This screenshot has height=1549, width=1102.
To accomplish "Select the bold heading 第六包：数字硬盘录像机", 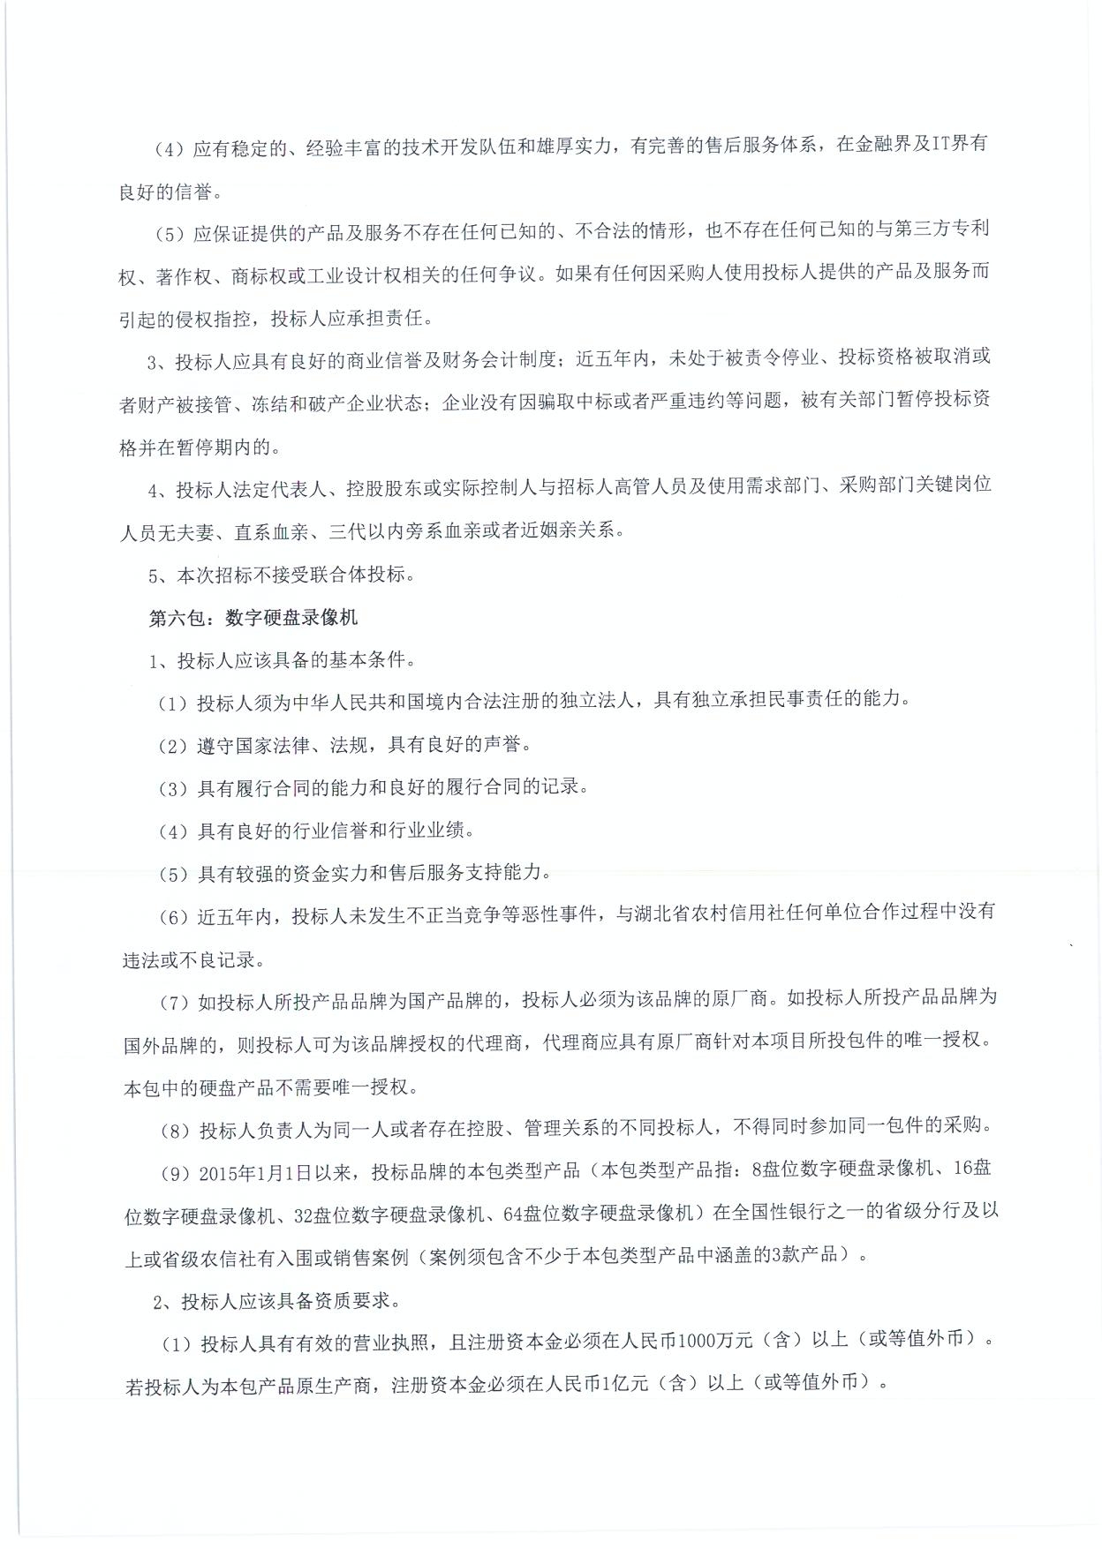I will pyautogui.click(x=253, y=617).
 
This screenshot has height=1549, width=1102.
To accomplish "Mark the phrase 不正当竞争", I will pyautogui.click(x=451, y=913).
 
